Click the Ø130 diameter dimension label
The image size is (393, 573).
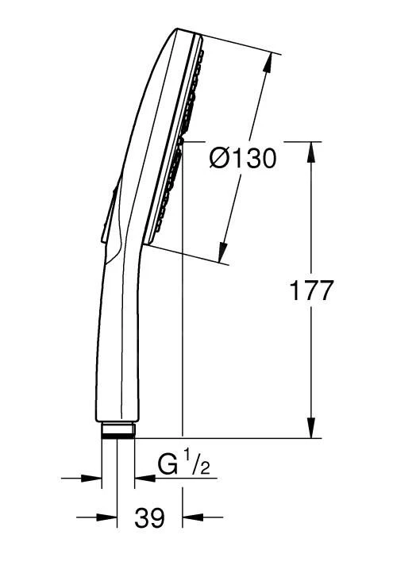[x=243, y=159]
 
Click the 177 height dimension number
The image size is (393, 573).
[x=311, y=290]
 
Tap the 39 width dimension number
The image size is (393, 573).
[x=149, y=517]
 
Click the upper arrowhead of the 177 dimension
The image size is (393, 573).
[x=311, y=152]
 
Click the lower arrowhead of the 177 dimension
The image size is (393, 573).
[x=311, y=428]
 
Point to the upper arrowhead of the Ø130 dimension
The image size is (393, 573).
[x=268, y=63]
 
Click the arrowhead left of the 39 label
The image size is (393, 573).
[x=107, y=517]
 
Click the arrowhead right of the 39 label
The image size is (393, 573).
[x=192, y=517]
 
